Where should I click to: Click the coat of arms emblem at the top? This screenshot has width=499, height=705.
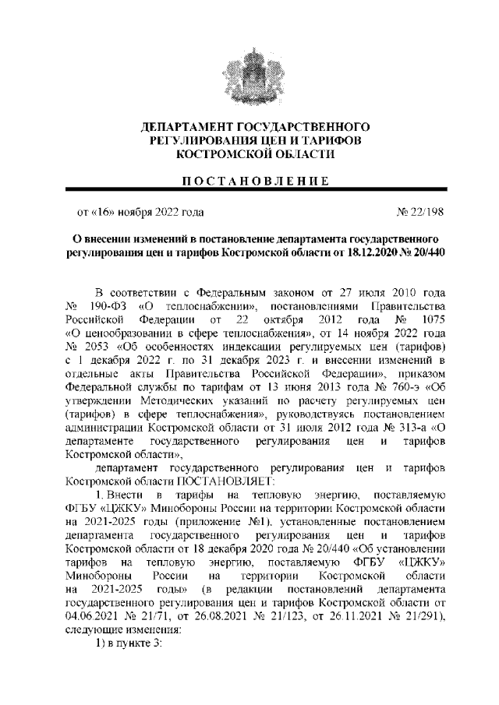click(x=249, y=69)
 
